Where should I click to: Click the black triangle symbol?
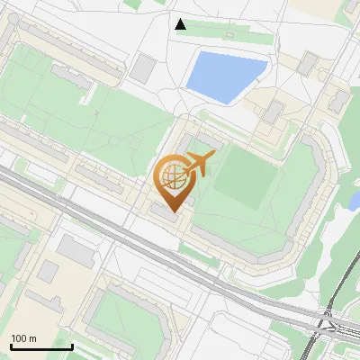click(181, 24)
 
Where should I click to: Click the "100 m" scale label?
click(23, 338)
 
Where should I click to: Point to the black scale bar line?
click(40, 346)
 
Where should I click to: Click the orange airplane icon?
click(198, 166)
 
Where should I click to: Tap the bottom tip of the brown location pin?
click(171, 212)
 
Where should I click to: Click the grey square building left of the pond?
click(144, 67)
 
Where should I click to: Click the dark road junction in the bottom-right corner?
click(326, 322)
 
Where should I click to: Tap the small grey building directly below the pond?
click(273, 112)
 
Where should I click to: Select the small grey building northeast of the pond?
click(309, 62)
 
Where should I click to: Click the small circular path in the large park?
click(114, 142)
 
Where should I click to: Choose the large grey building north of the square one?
click(76, 251)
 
